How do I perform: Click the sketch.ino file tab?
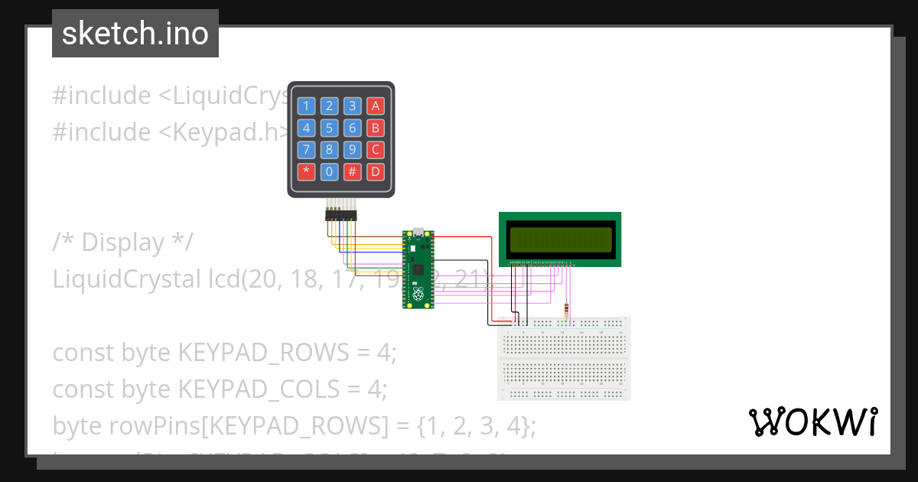coord(135,34)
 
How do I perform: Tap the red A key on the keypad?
coord(375,106)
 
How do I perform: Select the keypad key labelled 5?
coord(329,128)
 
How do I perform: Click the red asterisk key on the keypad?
coord(306,171)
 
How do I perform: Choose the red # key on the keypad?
coord(352,171)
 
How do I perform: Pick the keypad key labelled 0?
coord(329,171)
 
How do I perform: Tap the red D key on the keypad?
coord(375,171)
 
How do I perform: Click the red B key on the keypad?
coord(375,128)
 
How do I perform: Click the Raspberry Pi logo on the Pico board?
coord(418,294)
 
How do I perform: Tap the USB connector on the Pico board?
coord(418,230)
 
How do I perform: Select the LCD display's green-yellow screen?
coord(560,239)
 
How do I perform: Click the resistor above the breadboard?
coord(566,310)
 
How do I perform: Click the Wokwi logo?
coord(812,422)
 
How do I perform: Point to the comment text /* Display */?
coord(122,243)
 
